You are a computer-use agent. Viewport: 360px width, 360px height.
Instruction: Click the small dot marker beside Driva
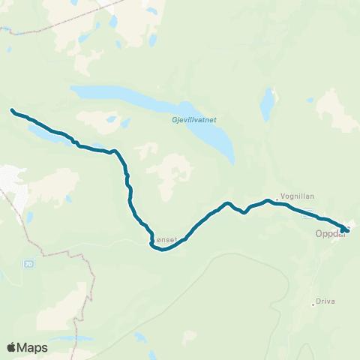(x=313, y=303)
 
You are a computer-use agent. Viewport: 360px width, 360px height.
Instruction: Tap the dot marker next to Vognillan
(x=278, y=198)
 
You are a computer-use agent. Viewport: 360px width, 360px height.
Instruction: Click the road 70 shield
(x=28, y=264)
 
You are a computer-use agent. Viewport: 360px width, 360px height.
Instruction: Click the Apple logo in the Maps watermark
(x=12, y=347)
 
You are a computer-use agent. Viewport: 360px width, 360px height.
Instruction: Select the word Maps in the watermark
(x=34, y=347)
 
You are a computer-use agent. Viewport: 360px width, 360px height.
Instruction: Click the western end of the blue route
(x=13, y=111)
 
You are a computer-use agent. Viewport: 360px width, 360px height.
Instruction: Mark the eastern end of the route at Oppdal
(x=343, y=230)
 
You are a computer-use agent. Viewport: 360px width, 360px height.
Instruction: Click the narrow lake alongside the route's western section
(x=45, y=136)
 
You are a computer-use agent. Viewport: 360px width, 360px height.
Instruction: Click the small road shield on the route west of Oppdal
(x=309, y=214)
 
